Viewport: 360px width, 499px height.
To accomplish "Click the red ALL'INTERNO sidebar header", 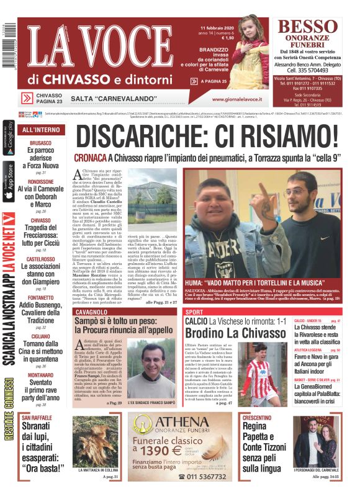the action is coord(41,130).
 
